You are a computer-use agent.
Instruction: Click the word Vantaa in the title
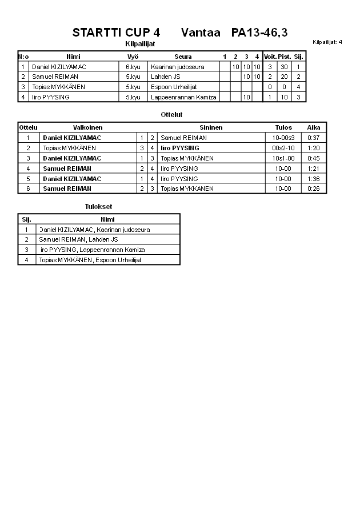click(200, 33)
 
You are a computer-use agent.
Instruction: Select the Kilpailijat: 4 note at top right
click(327, 42)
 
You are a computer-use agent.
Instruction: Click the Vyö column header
click(133, 57)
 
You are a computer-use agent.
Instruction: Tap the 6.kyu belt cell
click(133, 67)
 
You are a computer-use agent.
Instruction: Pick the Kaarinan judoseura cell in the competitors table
click(177, 67)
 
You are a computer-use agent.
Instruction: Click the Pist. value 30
click(284, 67)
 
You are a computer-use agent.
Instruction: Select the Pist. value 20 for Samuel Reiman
click(284, 77)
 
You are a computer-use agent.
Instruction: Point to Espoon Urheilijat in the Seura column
click(174, 87)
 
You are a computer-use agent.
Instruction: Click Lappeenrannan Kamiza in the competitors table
click(183, 97)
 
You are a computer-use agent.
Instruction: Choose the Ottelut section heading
click(171, 115)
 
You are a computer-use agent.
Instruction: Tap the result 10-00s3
click(283, 138)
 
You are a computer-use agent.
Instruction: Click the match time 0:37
click(313, 138)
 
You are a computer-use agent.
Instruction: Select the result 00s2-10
click(283, 148)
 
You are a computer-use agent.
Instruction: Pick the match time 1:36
click(313, 179)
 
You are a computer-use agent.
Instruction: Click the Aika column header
click(314, 127)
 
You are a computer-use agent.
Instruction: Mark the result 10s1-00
click(283, 158)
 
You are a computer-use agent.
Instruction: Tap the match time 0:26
click(313, 189)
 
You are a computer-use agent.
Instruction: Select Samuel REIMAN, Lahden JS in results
click(78, 239)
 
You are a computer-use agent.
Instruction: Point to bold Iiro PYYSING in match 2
click(180, 148)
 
